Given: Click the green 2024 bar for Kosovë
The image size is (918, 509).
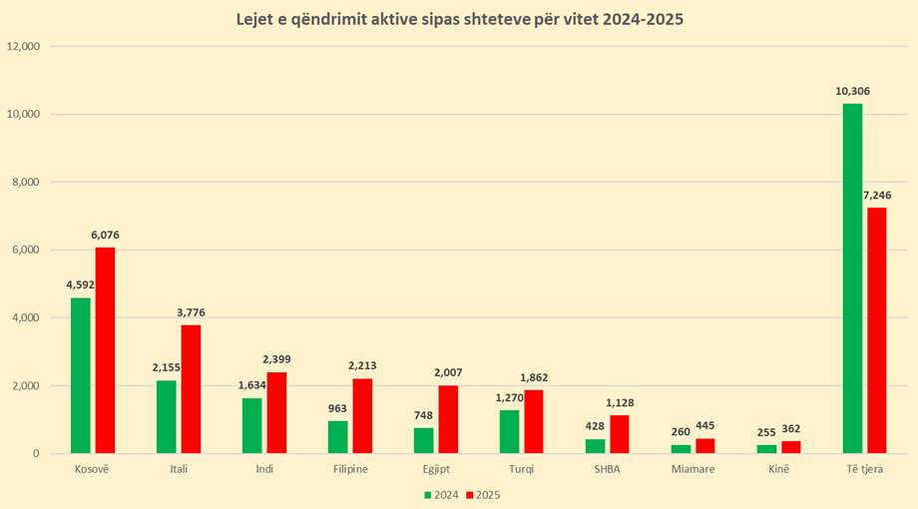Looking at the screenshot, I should point(81,375).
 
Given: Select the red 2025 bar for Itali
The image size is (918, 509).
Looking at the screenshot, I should point(191,389).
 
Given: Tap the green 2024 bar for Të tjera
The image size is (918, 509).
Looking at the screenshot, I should point(852,278).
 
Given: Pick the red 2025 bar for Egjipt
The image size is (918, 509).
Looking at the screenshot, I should point(448,419).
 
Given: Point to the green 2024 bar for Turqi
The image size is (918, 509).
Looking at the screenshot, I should point(510,431).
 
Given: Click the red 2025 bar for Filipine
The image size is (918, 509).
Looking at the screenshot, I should point(362,416).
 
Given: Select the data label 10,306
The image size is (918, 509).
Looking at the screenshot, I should point(853,92).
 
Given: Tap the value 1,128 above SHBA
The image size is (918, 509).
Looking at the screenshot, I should point(620,403).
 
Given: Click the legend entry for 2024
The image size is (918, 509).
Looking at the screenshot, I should point(440,494).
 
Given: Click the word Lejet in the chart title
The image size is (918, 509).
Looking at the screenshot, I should point(258,20).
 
